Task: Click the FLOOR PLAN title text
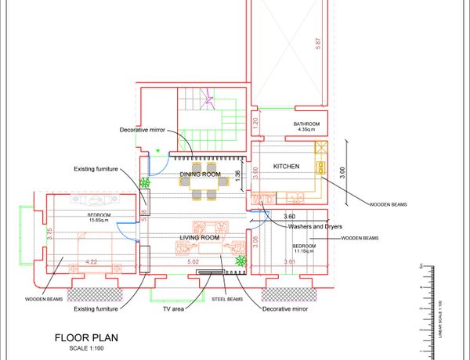pyautogui.click(x=85, y=338)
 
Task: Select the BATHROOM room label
pyautogui.click(x=306, y=124)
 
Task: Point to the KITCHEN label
pyautogui.click(x=287, y=167)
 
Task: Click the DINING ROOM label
pyautogui.click(x=201, y=175)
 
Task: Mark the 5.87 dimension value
pyautogui.click(x=317, y=45)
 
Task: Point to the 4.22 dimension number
pyautogui.click(x=92, y=261)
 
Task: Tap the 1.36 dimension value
pyautogui.click(x=237, y=178)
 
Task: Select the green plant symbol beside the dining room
pyautogui.click(x=145, y=184)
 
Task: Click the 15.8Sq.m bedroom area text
pyautogui.click(x=99, y=221)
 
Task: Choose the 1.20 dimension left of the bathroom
pyautogui.click(x=255, y=123)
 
